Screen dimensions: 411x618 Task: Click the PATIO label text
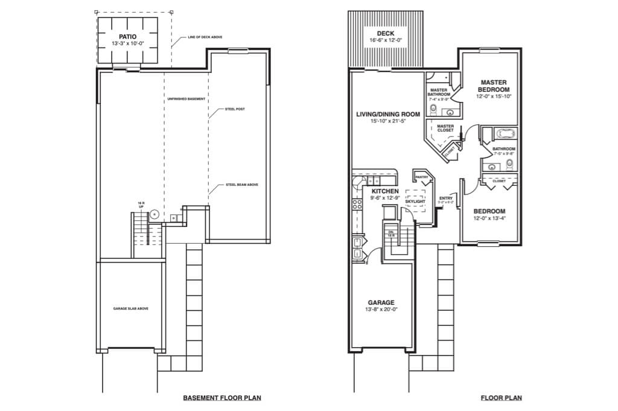click(129, 36)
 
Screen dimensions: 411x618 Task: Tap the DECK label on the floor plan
click(386, 33)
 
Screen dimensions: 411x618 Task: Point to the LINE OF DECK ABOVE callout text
click(205, 37)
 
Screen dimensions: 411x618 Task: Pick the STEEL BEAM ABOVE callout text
click(241, 185)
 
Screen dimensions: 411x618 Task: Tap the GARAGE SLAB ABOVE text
click(131, 308)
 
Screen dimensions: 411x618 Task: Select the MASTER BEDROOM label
click(493, 86)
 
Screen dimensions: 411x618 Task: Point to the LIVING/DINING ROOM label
click(387, 113)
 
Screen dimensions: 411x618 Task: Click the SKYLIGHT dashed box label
click(415, 201)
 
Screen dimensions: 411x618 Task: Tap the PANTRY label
click(421, 177)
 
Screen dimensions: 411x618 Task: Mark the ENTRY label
click(446, 198)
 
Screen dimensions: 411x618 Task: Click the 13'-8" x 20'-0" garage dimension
click(381, 310)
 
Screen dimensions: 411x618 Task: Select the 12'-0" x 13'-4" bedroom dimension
click(489, 218)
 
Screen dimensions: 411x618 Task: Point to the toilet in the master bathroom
click(433, 109)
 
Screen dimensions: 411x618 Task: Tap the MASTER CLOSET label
click(445, 128)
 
